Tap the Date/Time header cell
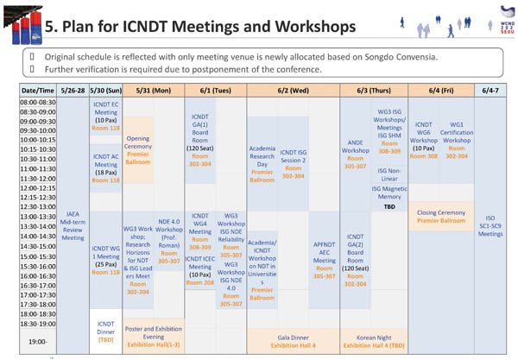35,89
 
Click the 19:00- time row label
35,341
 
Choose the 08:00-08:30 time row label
35,102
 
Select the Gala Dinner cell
294,341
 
